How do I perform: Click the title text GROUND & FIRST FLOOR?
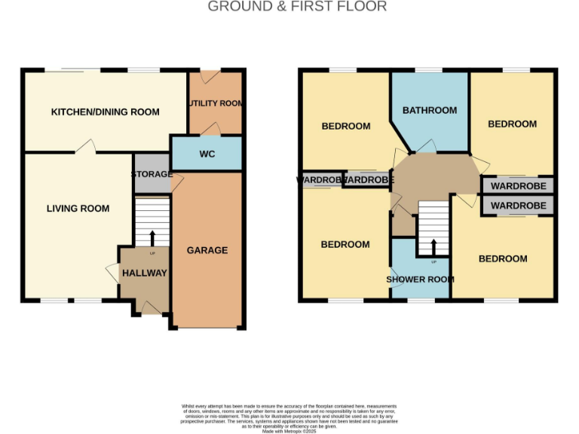click(x=297, y=7)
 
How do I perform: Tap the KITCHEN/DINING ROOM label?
click(x=105, y=112)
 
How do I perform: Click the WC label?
click(x=208, y=154)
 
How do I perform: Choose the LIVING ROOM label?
click(x=78, y=209)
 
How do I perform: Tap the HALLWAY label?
click(x=144, y=273)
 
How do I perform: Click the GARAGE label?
click(x=207, y=250)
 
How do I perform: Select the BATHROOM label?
click(x=429, y=110)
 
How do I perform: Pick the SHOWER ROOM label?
click(x=420, y=280)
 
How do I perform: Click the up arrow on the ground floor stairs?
click(x=152, y=237)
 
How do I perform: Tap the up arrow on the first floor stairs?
click(x=433, y=247)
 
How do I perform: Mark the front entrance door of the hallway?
click(x=151, y=307)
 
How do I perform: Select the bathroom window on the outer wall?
click(x=428, y=71)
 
